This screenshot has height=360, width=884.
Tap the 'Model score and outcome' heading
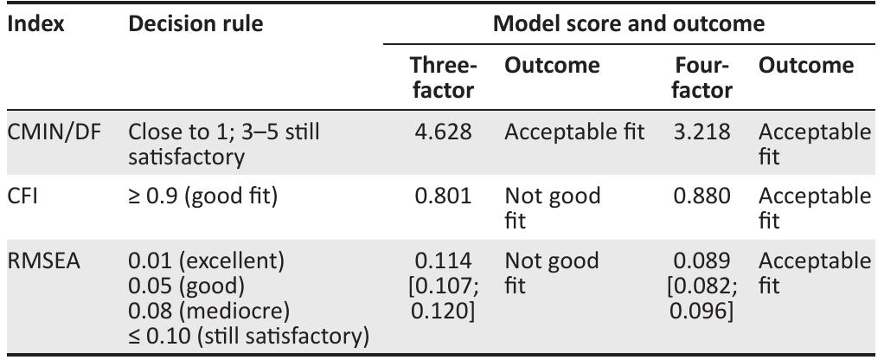tap(629, 24)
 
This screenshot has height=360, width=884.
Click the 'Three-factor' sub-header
tap(442, 78)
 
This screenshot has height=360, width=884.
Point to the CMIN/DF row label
tap(48, 133)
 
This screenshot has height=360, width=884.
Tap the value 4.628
tap(444, 133)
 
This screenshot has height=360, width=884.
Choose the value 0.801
tap(444, 196)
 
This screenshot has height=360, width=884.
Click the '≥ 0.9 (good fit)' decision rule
tap(202, 196)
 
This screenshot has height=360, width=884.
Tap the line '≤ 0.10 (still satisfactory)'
tap(247, 334)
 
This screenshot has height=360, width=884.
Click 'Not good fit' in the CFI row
tap(552, 206)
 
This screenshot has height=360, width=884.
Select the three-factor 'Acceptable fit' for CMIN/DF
tap(574, 133)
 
